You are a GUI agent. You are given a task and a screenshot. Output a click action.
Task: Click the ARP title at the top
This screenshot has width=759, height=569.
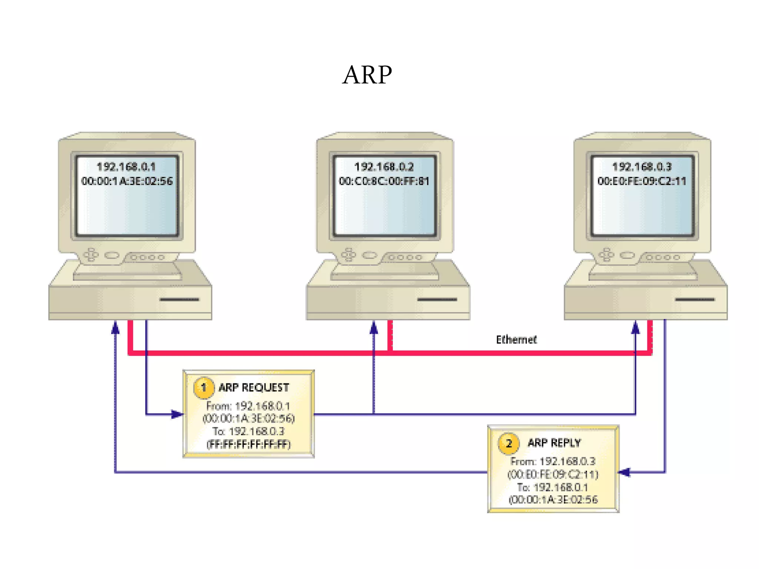tap(367, 75)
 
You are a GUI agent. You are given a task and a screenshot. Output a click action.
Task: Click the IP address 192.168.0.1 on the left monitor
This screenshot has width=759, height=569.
tap(126, 167)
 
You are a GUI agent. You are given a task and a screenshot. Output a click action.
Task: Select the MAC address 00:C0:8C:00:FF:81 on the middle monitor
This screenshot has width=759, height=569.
tap(384, 181)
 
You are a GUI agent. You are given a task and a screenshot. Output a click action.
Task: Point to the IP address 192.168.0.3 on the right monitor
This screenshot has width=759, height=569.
tap(642, 167)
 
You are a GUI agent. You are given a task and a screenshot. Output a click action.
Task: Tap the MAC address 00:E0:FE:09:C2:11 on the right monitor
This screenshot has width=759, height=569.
tap(642, 181)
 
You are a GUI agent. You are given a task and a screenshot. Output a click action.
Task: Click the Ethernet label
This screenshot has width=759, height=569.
tap(516, 339)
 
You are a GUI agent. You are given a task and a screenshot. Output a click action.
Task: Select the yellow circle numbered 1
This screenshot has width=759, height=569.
tap(203, 387)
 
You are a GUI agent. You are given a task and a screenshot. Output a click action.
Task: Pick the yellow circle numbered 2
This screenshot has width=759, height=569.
tap(508, 443)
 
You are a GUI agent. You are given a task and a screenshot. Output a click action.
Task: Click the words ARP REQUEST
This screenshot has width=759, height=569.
tap(253, 387)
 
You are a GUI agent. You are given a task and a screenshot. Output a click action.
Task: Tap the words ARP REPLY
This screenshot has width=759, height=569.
tap(554, 443)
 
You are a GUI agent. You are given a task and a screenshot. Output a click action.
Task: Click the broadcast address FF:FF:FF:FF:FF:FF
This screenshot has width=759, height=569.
tap(249, 444)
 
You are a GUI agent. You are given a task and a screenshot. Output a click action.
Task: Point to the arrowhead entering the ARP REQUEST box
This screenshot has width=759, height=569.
tap(177, 414)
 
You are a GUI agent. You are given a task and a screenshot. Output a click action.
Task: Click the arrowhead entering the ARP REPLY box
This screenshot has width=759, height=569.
tap(625, 472)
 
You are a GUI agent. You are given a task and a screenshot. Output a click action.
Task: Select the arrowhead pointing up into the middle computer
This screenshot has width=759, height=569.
tap(374, 328)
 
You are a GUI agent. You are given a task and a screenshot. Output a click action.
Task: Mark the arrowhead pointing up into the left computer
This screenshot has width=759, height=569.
tap(115, 328)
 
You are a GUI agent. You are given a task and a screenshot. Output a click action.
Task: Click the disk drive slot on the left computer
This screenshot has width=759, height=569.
tap(179, 299)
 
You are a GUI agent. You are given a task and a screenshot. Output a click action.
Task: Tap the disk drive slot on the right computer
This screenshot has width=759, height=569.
tap(695, 299)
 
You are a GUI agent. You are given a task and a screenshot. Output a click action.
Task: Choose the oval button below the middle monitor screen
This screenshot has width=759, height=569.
tap(369, 255)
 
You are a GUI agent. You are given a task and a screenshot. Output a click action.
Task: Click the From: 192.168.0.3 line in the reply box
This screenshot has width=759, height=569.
tap(553, 461)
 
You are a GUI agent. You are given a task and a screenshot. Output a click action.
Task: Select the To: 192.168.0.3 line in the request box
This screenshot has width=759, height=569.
tap(248, 431)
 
